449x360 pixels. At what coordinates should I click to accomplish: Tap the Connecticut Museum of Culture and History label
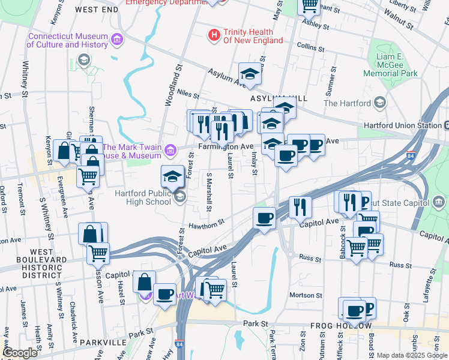[68, 40]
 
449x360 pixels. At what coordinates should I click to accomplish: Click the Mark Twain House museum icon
[171, 149]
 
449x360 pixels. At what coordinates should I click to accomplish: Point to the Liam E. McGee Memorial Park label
[389, 65]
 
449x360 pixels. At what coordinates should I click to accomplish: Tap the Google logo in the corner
[19, 353]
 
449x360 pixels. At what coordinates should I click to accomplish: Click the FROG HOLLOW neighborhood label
[337, 325]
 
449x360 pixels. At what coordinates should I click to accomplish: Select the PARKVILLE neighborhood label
[103, 343]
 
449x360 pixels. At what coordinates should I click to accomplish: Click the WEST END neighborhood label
[97, 10]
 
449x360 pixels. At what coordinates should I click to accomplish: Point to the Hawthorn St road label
[207, 223]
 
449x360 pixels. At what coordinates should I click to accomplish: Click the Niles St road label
[171, 94]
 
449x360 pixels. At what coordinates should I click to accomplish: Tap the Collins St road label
[310, 46]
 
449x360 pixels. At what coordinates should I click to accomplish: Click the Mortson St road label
[306, 295]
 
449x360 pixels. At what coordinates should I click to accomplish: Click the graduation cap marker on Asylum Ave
[250, 74]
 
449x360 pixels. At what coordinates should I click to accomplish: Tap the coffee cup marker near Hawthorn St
[264, 218]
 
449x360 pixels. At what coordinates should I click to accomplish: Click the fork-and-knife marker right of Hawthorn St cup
[300, 207]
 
